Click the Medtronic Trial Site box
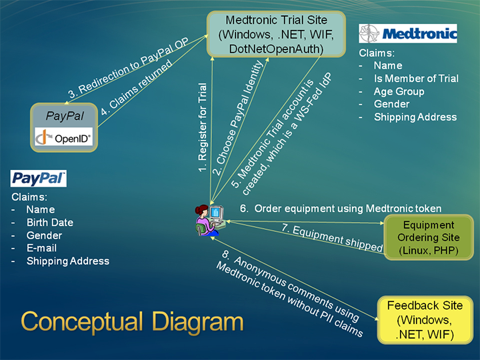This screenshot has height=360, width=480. [276, 34]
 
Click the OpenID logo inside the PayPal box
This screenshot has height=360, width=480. [65, 138]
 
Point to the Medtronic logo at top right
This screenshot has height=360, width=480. [408, 33]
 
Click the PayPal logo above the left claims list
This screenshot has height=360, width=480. [39, 178]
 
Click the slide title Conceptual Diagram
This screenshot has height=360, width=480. [132, 321]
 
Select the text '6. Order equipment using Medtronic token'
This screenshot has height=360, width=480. [341, 209]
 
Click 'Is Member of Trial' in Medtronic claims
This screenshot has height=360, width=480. [416, 79]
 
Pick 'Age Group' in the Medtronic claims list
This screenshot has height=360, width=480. [399, 91]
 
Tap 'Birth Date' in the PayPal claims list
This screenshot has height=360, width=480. [50, 223]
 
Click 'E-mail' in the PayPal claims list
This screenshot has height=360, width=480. [41, 248]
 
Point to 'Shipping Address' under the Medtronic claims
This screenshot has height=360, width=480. [415, 117]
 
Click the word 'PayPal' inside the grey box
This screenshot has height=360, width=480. [65, 116]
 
